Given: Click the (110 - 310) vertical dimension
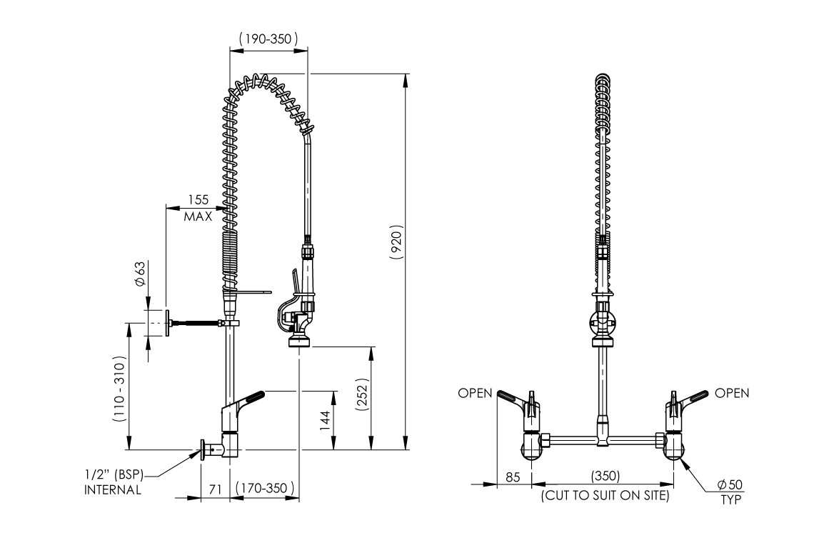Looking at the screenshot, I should (x=119, y=390).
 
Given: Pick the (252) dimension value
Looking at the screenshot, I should (x=362, y=397).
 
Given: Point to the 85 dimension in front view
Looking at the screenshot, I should (x=513, y=477).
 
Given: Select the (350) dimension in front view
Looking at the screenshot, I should (x=605, y=477).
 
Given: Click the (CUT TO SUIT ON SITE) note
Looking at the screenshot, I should (x=605, y=495).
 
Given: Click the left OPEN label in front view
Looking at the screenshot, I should (x=475, y=393).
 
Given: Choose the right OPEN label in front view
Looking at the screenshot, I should (x=732, y=393).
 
